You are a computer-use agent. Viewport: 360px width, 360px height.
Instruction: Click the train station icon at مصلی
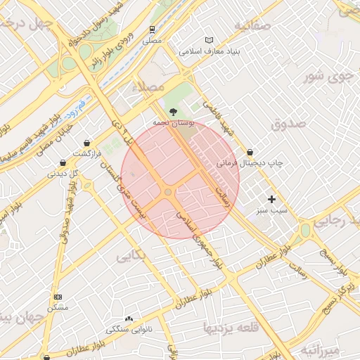[x=153, y=30]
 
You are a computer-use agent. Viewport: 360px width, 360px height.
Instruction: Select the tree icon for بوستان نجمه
[x=173, y=111]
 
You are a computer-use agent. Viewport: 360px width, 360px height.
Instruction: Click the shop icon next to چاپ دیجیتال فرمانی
[x=250, y=152]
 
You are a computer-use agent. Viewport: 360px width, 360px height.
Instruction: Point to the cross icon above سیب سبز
[x=271, y=200]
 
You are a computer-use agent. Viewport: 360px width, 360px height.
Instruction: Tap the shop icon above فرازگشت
[x=86, y=143]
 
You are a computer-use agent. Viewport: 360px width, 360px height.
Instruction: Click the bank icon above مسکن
[x=58, y=297]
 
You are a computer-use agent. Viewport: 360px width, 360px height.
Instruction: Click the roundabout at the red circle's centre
[x=168, y=192]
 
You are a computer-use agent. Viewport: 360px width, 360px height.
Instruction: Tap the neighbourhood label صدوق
[x=288, y=124]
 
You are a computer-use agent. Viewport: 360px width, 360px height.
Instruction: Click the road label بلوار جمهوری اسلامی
[x=198, y=238]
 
